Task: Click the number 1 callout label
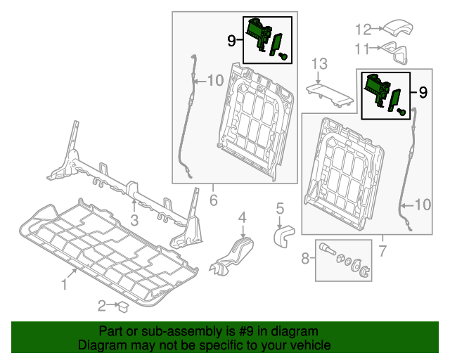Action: [64, 284]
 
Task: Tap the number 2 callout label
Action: [101, 305]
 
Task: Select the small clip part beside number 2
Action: [122, 306]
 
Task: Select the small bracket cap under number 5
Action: [283, 233]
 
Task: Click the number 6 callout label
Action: [213, 200]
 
